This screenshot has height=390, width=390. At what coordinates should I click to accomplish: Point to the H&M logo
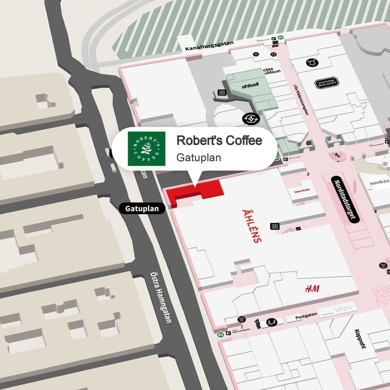click(312, 289)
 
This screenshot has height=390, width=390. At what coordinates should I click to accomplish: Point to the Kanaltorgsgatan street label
click(210, 46)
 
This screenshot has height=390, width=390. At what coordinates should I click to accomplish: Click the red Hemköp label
click(302, 192)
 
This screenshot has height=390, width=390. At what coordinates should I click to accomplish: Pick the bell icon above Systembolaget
click(311, 62)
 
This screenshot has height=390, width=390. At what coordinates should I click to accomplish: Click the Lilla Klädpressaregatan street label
click(301, 99)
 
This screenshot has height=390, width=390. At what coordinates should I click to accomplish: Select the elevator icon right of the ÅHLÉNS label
click(275, 226)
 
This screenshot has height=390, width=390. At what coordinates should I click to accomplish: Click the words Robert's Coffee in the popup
click(219, 141)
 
